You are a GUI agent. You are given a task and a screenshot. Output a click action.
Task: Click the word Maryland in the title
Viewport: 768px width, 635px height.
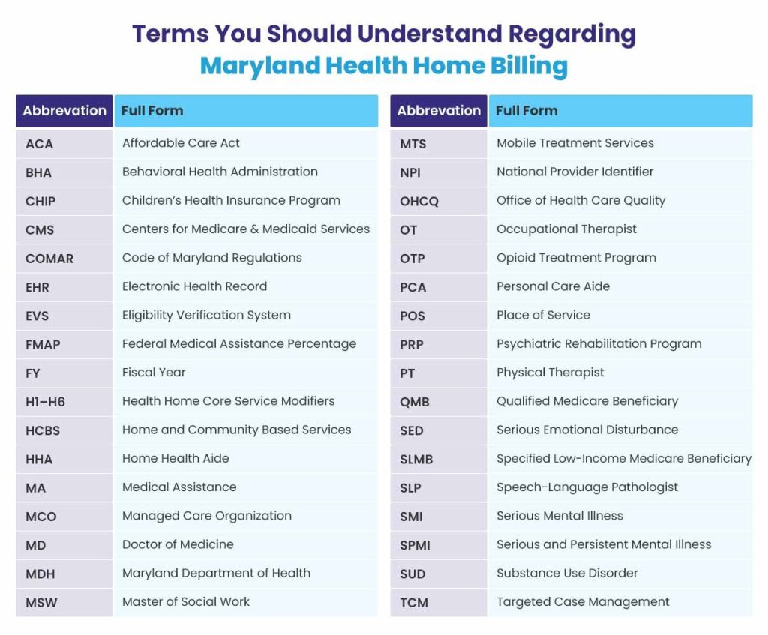[260, 67]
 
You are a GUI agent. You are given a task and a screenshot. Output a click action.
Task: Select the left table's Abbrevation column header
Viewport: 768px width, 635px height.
[64, 111]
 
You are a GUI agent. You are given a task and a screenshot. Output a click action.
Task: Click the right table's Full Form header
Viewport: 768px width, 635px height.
[526, 111]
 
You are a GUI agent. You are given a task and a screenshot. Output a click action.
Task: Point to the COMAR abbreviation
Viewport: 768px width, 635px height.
[49, 259]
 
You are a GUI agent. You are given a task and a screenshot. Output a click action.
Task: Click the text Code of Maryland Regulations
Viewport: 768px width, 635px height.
[212, 258]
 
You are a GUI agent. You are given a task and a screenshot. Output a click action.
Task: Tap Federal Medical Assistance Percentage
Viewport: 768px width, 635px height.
[239, 344]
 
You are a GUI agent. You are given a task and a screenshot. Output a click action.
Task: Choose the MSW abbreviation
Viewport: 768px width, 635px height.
[41, 603]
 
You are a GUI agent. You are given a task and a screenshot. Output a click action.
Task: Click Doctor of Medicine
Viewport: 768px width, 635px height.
[178, 544]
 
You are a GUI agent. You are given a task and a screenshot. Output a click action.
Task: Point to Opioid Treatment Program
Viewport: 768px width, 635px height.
[576, 258]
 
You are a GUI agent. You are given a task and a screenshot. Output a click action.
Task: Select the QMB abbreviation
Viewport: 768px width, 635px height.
[414, 402]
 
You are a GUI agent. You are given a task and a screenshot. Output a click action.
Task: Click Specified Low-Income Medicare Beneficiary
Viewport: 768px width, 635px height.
[624, 459]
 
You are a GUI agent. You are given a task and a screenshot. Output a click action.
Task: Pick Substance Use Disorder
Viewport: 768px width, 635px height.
[567, 573]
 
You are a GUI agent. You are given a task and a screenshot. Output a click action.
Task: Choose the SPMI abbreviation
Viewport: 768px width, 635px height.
[415, 545]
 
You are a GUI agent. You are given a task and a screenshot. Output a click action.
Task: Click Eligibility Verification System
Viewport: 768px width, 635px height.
[206, 316]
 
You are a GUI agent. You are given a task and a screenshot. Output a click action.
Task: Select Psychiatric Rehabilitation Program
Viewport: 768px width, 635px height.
[599, 344]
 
